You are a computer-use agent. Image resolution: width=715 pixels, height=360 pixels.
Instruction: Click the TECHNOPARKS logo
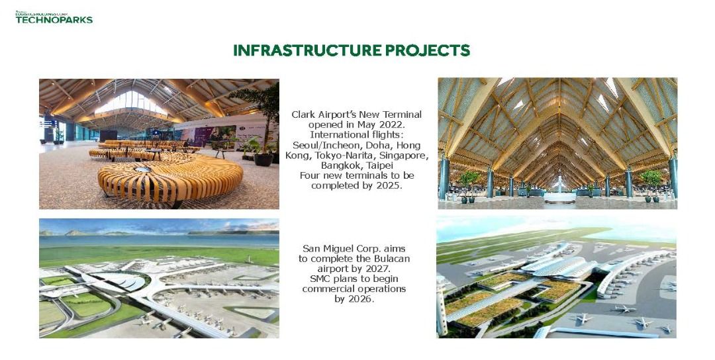coord(54,19)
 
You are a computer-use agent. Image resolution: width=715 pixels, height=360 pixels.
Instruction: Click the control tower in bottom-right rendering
coord(442,304)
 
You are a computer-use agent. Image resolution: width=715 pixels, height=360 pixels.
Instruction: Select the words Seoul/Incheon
coord(322,145)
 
